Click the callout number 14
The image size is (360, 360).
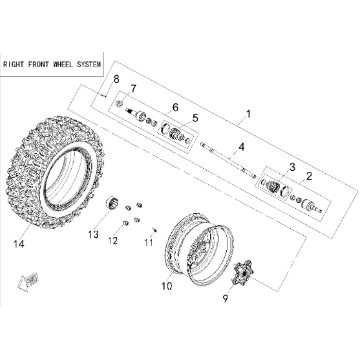click(x=19, y=244)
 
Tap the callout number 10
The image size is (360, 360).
click(x=167, y=286)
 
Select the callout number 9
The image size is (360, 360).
click(x=225, y=299)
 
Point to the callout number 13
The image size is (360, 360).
click(x=94, y=235)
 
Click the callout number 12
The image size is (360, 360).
click(x=113, y=240)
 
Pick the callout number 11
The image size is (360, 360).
click(x=149, y=242)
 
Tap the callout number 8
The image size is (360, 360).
click(x=116, y=79)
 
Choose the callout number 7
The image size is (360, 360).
click(x=133, y=89)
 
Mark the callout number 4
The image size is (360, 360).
click(x=241, y=147)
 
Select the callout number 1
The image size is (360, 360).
click(x=248, y=114)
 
